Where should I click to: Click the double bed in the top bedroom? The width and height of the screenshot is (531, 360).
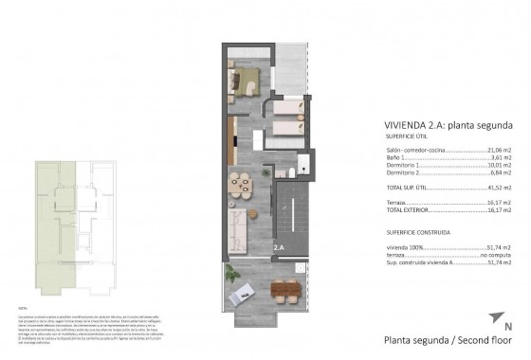coord(248,79)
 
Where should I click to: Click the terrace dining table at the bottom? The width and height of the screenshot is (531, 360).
coord(283,289)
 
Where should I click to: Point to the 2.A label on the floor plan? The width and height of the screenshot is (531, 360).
coord(278,248)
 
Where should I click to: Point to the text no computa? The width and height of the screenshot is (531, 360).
coord(496,256)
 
